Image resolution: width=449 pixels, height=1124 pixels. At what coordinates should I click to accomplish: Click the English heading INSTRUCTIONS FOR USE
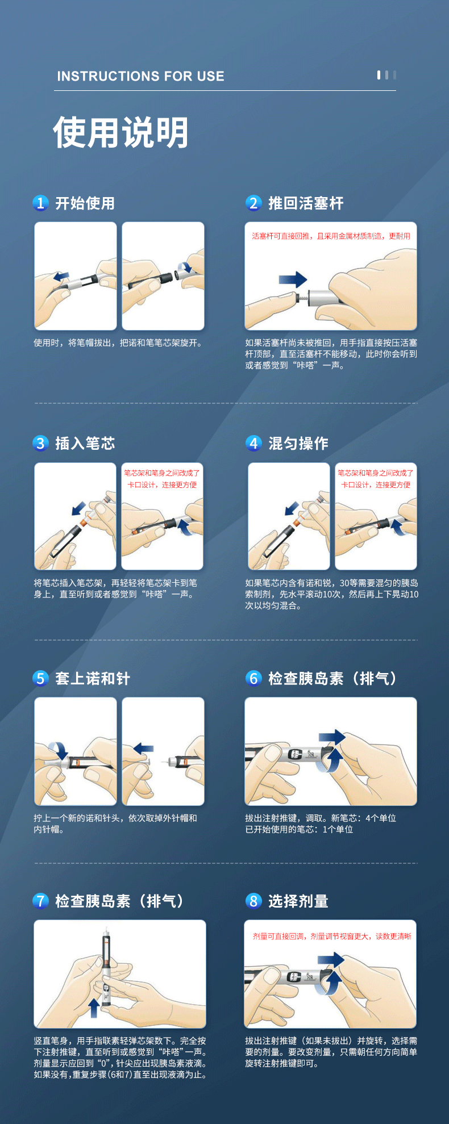click(140, 76)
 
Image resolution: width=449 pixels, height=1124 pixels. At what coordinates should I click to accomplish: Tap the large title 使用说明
click(120, 133)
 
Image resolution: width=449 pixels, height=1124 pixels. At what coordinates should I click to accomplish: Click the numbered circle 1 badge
click(40, 203)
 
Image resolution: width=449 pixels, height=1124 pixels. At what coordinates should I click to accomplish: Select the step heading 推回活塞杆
click(306, 203)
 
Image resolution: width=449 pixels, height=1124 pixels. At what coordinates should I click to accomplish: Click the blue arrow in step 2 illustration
click(293, 279)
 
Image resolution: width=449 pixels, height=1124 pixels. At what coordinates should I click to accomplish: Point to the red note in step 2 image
click(331, 236)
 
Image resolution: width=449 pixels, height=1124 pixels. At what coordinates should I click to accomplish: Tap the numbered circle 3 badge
click(40, 443)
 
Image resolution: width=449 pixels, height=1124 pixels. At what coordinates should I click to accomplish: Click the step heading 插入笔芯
click(85, 443)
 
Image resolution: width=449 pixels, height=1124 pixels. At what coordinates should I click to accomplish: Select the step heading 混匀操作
click(298, 443)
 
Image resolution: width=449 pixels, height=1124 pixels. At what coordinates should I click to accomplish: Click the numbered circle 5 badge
click(40, 678)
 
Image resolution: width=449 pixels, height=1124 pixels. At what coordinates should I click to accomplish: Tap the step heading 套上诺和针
click(92, 678)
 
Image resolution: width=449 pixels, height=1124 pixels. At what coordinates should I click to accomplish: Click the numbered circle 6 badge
click(253, 678)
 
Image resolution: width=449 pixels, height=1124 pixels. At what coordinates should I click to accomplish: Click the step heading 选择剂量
click(298, 901)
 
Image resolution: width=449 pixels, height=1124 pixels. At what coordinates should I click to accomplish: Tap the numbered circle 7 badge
click(40, 901)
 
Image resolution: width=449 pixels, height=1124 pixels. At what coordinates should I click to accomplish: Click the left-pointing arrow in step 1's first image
click(61, 277)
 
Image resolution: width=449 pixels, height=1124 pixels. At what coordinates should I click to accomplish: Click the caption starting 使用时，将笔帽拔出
click(118, 343)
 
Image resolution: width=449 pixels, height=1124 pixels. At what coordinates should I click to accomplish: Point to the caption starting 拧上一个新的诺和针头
click(115, 824)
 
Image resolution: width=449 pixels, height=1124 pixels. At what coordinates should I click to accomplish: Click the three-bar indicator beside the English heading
click(386, 75)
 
